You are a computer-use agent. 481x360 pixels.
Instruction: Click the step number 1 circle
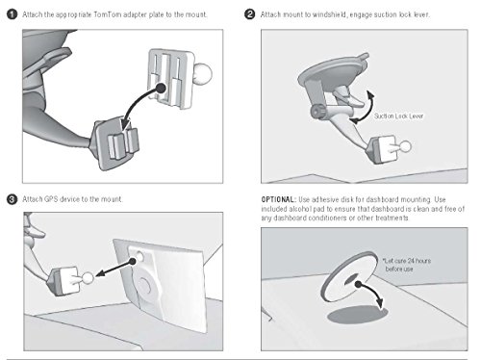click(13, 14)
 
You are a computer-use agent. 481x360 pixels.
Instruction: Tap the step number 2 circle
click(250, 14)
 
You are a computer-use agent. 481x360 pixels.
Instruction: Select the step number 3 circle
click(13, 199)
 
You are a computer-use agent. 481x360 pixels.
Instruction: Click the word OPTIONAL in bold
click(278, 199)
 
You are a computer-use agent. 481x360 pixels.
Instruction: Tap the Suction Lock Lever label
click(398, 116)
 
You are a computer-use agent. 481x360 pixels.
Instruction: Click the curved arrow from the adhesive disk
click(372, 291)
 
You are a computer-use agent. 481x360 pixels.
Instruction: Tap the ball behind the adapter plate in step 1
click(203, 73)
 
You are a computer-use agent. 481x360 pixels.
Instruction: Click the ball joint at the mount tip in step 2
click(405, 146)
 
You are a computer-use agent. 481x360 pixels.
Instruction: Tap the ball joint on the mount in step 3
click(89, 277)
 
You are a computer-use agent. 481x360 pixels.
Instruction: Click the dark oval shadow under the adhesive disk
click(357, 315)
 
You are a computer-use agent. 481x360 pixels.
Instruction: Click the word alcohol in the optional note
click(300, 209)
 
